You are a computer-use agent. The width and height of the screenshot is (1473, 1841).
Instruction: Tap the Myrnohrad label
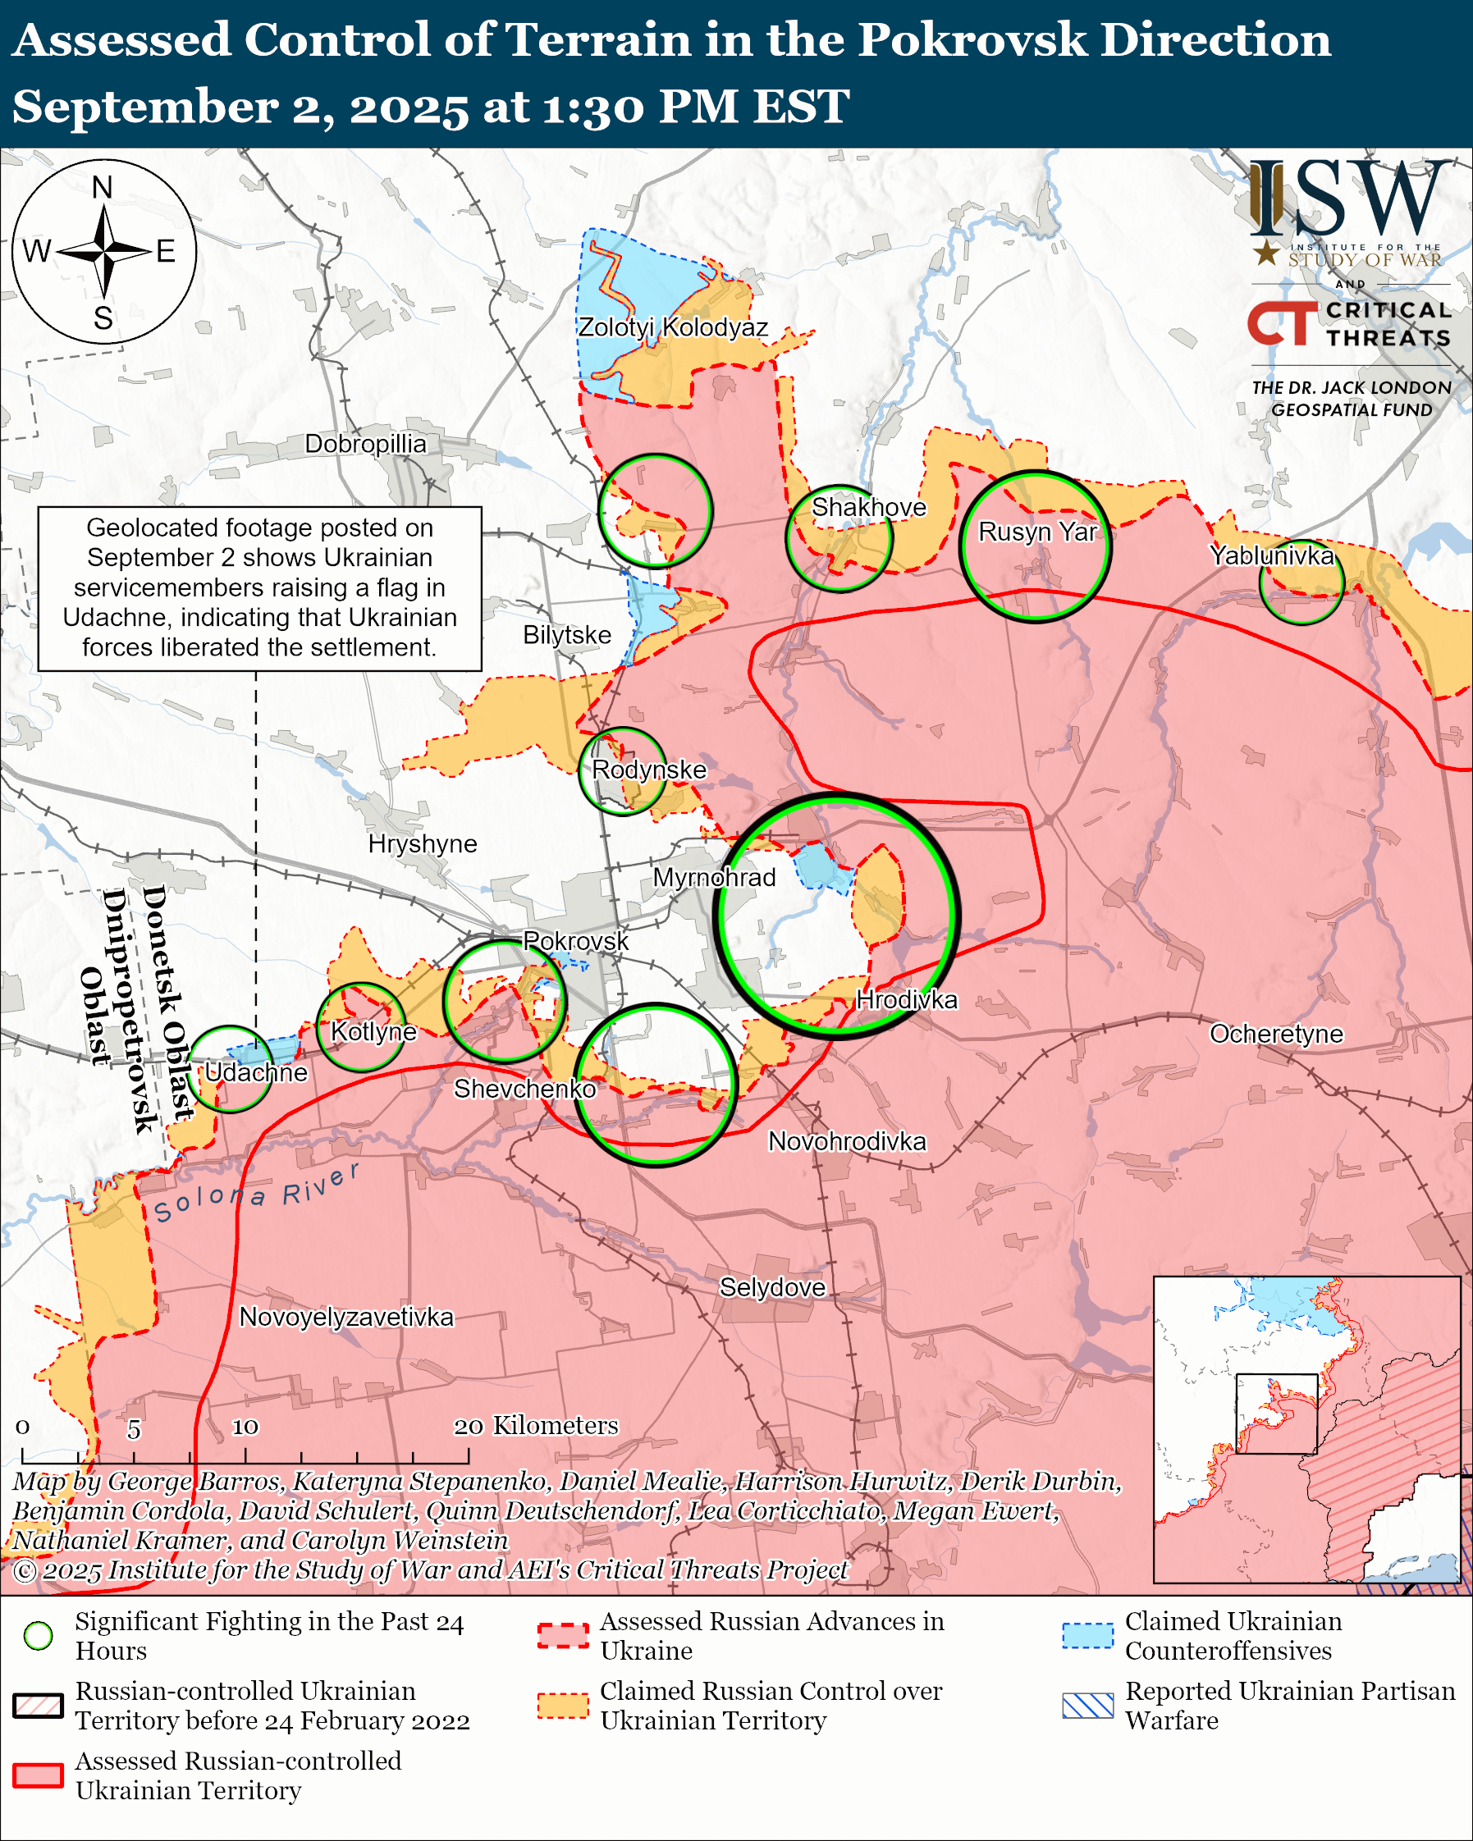click(x=714, y=877)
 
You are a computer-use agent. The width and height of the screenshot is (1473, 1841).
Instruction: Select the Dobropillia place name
click(x=365, y=444)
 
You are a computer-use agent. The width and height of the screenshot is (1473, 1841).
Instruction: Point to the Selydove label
click(x=772, y=1288)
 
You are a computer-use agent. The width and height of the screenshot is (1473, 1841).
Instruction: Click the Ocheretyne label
click(x=1276, y=1034)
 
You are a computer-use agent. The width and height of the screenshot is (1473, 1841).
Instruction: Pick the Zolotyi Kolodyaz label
click(x=673, y=327)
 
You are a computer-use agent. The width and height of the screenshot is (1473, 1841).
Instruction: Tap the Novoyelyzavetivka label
click(x=345, y=1317)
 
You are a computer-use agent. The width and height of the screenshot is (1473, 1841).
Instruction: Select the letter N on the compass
click(x=103, y=187)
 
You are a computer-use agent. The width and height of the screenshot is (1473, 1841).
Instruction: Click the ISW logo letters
click(x=1349, y=201)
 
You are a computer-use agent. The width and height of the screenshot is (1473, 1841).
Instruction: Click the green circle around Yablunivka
click(x=1301, y=582)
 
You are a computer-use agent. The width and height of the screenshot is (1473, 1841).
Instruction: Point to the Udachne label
click(x=255, y=1072)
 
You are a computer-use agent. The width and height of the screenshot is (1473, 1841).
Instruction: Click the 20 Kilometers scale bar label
click(x=535, y=1425)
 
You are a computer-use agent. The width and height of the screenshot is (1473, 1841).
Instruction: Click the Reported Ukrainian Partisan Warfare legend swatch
click(x=1088, y=1706)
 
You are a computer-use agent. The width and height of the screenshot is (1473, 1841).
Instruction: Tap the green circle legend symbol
click(x=39, y=1636)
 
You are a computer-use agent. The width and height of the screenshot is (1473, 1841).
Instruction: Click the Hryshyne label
click(x=422, y=843)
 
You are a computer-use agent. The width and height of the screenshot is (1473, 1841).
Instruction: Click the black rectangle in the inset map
click(x=1276, y=1414)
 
